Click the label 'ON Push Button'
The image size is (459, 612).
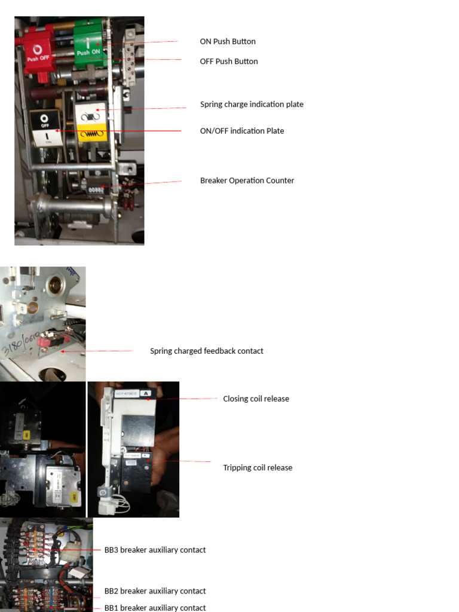pyautogui.click(x=228, y=41)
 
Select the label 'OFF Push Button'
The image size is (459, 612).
pyautogui.click(x=229, y=61)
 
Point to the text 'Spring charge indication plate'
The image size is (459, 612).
pyautogui.click(x=252, y=104)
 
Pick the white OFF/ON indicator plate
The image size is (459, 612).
pyautogui.click(x=45, y=128)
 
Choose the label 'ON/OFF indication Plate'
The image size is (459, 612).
pyautogui.click(x=242, y=131)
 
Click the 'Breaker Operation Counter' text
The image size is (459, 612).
pyautogui.click(x=247, y=180)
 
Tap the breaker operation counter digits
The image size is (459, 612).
pyautogui.click(x=96, y=188)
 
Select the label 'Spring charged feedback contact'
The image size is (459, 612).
pyautogui.click(x=206, y=351)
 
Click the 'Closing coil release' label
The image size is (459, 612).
pyautogui.click(x=256, y=399)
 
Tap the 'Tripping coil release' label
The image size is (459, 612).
pyautogui.click(x=258, y=467)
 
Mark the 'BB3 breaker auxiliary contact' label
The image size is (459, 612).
pyautogui.click(x=155, y=550)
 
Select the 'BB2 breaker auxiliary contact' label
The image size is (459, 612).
pyautogui.click(x=155, y=591)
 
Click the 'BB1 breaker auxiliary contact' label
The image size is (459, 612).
pyautogui.click(x=155, y=608)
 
